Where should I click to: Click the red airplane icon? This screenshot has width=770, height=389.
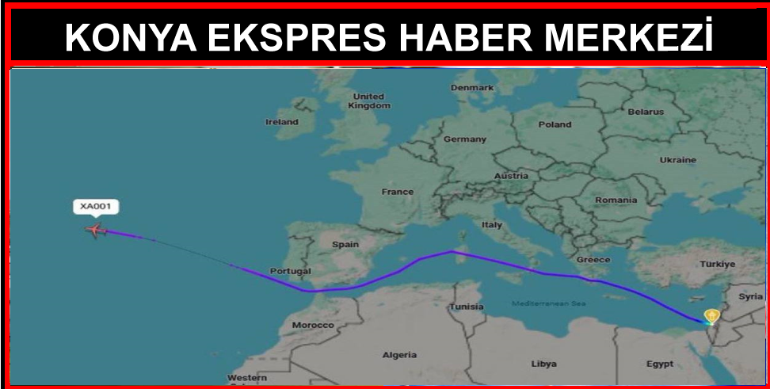96,231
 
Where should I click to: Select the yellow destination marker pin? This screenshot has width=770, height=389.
711,316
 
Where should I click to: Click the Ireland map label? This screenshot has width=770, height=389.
281,122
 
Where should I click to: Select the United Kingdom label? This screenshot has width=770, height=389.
368,101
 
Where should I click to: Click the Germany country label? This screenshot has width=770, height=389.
464,139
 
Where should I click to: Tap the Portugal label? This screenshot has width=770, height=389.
290,271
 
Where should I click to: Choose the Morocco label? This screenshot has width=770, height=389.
313,326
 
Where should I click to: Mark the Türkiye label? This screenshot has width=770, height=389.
719,264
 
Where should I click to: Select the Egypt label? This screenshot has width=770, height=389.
659,364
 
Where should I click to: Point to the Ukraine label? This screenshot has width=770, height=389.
677,160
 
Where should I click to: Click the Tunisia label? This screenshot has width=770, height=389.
467,307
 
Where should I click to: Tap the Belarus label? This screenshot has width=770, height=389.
646,113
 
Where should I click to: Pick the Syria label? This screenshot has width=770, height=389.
750,297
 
